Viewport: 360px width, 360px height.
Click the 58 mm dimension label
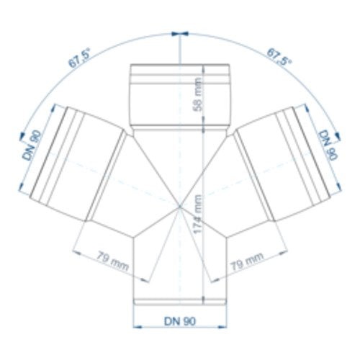(198, 94)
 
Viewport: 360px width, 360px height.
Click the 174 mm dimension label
(198, 214)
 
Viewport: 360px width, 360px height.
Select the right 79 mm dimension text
(247, 262)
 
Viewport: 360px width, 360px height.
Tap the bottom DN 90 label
(180, 321)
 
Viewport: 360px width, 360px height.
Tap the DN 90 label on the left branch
(32, 145)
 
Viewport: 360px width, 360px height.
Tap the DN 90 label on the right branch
(328, 145)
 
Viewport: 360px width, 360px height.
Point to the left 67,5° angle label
(79, 58)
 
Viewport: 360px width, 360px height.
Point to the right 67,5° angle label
(279, 57)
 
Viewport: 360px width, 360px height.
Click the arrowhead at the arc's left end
(22, 136)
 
